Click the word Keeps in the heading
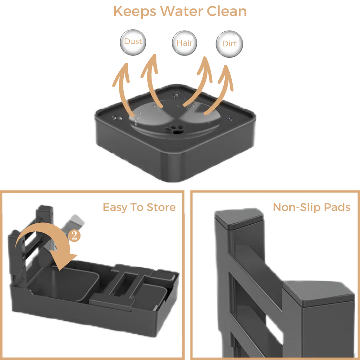pos(135,12)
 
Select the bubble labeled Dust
pos(133,42)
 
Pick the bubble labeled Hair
pos(184,43)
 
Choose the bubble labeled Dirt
pos(229,44)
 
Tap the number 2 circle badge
pos(74,236)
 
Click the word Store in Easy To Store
pos(161,207)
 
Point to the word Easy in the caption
pos(115,208)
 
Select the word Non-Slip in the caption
pos(297,207)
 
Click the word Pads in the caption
pos(337,207)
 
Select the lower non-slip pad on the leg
pos(319,293)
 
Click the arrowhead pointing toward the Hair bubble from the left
pos(152,65)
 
